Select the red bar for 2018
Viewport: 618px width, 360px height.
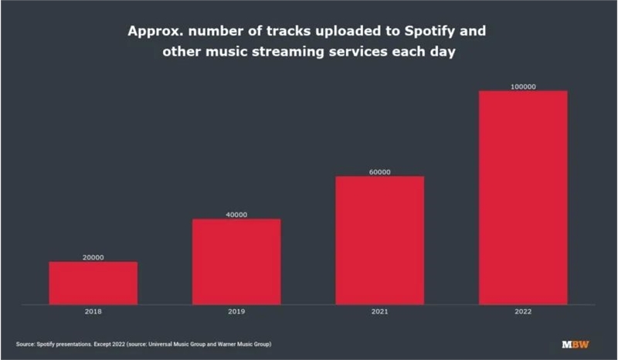pyautogui.click(x=93, y=283)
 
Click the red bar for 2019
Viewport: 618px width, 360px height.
pyautogui.click(x=236, y=261)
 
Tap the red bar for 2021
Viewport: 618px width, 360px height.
pyautogui.click(x=379, y=239)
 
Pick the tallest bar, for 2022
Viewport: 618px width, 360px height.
pyautogui.click(x=523, y=197)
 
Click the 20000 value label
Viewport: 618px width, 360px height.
pyautogui.click(x=93, y=257)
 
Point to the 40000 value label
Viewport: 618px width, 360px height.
pyautogui.click(x=236, y=214)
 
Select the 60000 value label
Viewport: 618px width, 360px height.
pyautogui.click(x=379, y=172)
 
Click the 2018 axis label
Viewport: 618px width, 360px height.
pyautogui.click(x=93, y=311)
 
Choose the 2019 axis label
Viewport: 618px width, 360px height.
pyautogui.click(x=236, y=311)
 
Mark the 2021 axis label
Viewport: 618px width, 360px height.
pyautogui.click(x=379, y=311)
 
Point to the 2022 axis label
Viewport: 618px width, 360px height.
pyautogui.click(x=523, y=311)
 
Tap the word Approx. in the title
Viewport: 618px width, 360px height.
pyautogui.click(x=157, y=35)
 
